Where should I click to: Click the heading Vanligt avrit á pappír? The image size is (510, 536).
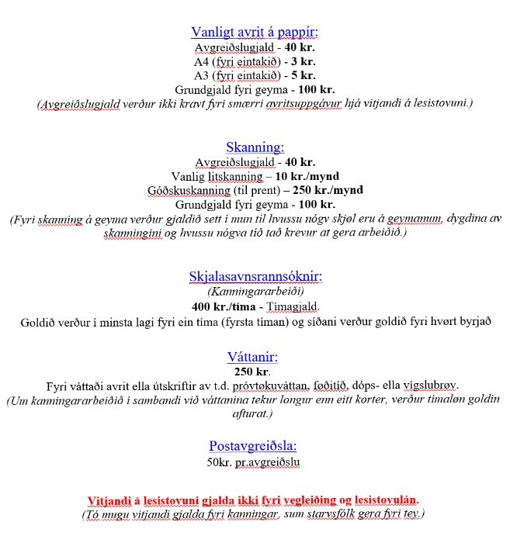(x=255, y=32)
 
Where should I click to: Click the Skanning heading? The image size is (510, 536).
(x=255, y=147)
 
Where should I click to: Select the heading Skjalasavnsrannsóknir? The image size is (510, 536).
(x=255, y=276)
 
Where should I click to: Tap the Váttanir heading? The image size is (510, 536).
(x=255, y=358)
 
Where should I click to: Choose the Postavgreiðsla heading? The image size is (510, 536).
(x=255, y=446)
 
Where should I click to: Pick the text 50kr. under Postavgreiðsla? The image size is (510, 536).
(x=221, y=462)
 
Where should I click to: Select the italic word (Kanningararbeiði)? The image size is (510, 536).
(x=255, y=292)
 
